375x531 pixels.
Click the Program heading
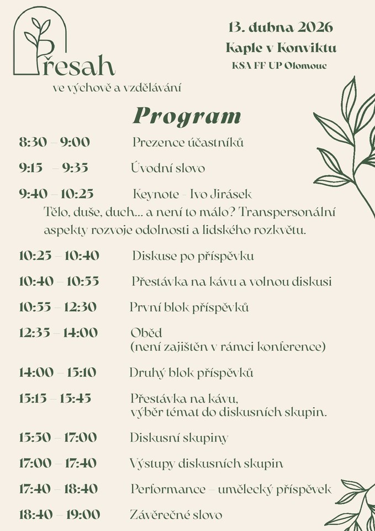click(187, 116)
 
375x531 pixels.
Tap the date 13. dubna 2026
click(281, 27)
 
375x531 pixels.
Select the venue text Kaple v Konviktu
click(281, 48)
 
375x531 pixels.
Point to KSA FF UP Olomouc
click(279, 66)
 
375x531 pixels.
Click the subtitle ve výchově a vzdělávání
click(117, 87)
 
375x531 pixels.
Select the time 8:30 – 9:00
click(54, 142)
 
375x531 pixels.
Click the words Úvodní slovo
click(168, 168)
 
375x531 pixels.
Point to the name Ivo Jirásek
click(220, 194)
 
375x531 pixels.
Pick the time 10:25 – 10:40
click(59, 256)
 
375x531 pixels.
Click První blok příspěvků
click(189, 307)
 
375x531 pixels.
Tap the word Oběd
click(146, 333)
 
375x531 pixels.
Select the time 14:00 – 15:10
click(57, 372)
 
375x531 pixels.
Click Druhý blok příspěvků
click(191, 373)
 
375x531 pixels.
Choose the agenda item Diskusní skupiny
click(179, 438)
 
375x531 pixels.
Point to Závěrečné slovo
click(176, 515)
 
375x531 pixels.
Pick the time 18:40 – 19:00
click(60, 515)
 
